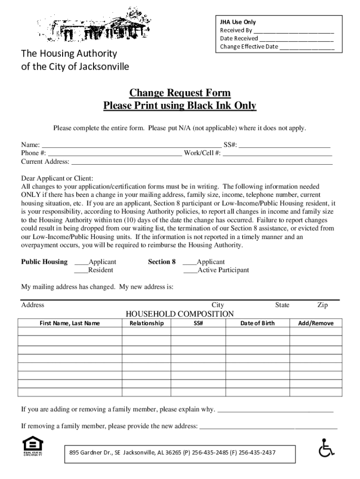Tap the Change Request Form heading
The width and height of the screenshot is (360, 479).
(x=180, y=93)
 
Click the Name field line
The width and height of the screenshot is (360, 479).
(x=131, y=145)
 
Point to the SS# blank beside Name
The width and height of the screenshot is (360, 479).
(x=285, y=145)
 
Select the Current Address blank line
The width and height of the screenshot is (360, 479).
(x=202, y=162)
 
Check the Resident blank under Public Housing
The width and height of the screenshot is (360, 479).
(x=81, y=270)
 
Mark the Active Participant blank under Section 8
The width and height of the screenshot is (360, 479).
(x=190, y=270)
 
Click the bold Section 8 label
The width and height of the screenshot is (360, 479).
(x=162, y=262)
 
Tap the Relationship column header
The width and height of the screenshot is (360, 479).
(x=146, y=323)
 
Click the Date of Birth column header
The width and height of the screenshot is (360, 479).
(x=258, y=323)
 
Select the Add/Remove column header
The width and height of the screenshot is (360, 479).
(x=316, y=323)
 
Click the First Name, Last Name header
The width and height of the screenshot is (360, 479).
(x=70, y=323)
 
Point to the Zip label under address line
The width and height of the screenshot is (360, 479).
(x=323, y=305)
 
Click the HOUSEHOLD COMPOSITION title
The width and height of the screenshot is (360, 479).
(x=180, y=314)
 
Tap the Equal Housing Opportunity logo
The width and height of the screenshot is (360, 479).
(x=33, y=446)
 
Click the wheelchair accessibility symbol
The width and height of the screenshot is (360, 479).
(x=326, y=448)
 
